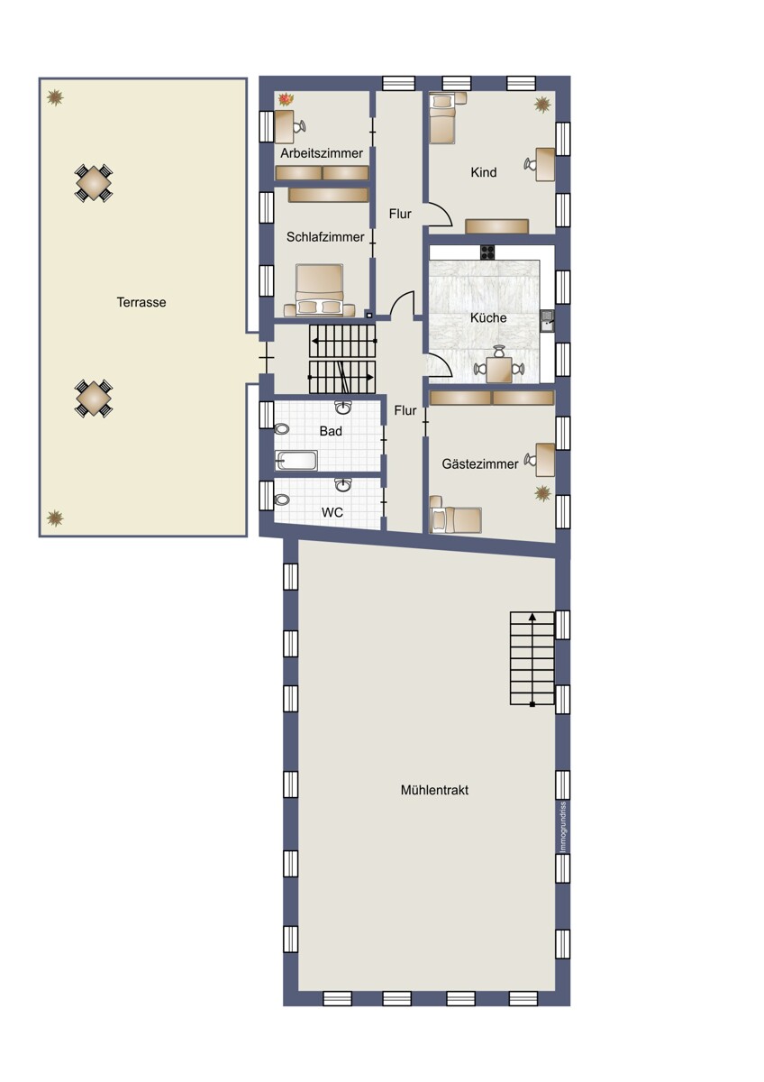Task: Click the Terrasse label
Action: [x=141, y=302]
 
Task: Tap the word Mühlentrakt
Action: [x=434, y=790]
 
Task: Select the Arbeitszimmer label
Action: [x=322, y=153]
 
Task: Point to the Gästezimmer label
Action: [x=479, y=463]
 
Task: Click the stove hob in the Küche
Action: [x=487, y=252]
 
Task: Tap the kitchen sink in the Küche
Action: [x=547, y=320]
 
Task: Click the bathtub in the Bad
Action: [x=296, y=461]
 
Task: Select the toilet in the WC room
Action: [x=281, y=500]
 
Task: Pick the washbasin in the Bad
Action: [x=343, y=408]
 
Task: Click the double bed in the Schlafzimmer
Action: [x=320, y=290]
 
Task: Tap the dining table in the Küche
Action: [x=499, y=370]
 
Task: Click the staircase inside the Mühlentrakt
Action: [x=532, y=658]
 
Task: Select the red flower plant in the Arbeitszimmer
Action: [x=286, y=99]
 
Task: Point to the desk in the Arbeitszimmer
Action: [x=285, y=126]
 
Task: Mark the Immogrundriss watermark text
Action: [x=563, y=828]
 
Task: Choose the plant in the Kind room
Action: [x=542, y=105]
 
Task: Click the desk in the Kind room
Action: [x=545, y=165]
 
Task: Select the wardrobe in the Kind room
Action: [x=497, y=226]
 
